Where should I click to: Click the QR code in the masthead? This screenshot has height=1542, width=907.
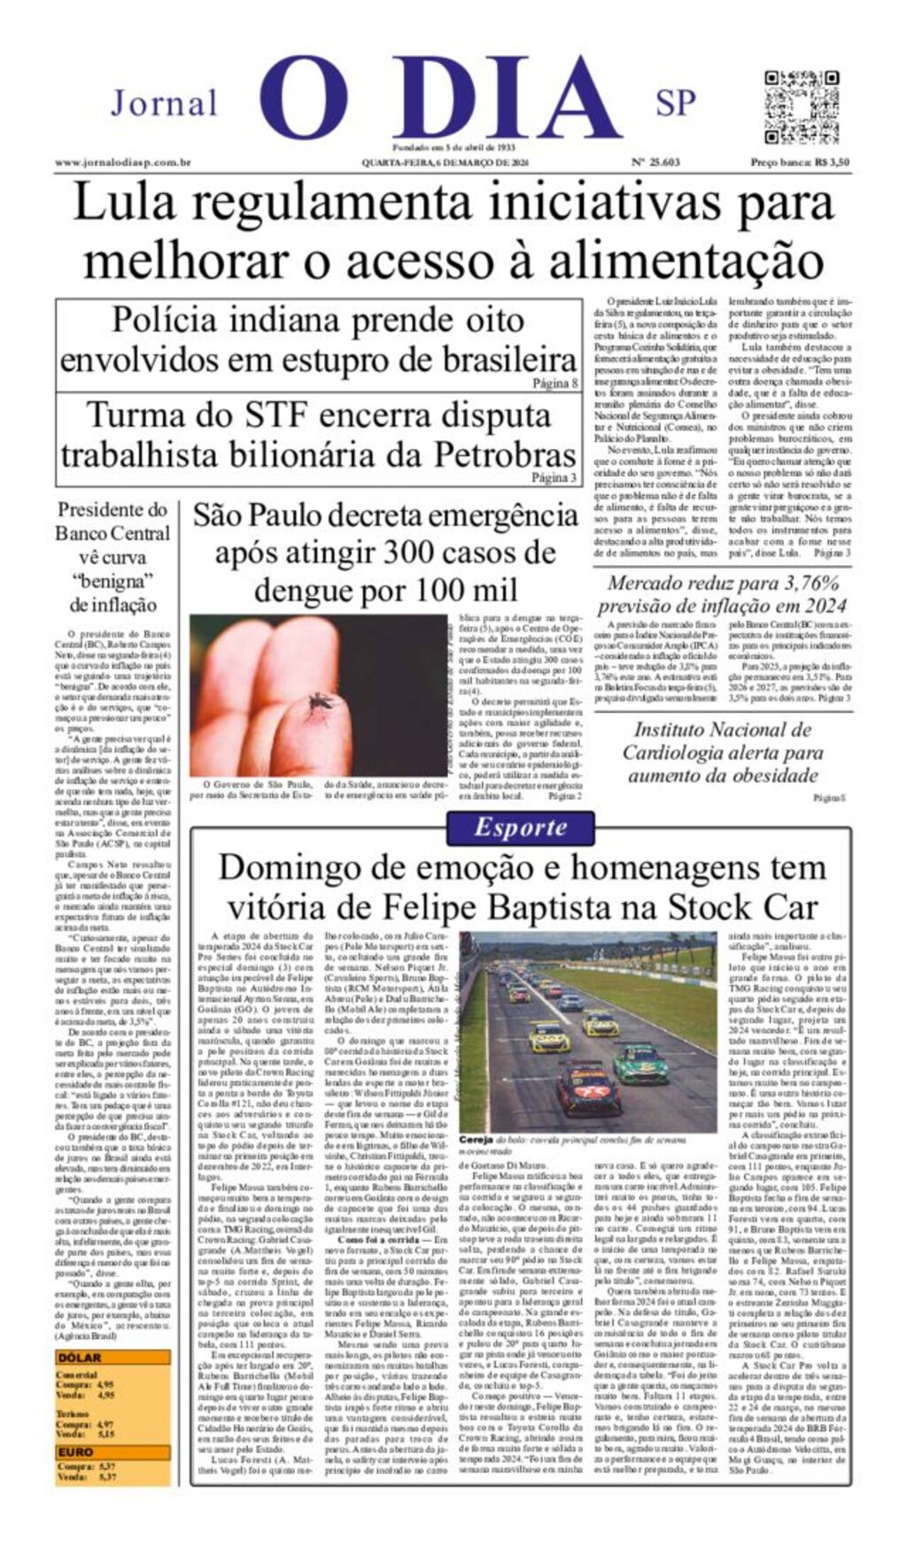click(801, 106)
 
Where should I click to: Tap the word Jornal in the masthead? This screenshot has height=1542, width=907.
click(164, 104)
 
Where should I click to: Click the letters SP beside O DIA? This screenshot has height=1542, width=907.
click(675, 104)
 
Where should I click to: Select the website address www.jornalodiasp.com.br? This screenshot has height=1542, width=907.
click(123, 163)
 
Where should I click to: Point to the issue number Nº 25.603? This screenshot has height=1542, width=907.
click(655, 163)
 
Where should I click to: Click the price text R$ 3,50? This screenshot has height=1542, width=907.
click(833, 163)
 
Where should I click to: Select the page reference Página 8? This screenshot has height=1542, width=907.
click(555, 384)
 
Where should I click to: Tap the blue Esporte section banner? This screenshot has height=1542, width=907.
click(519, 827)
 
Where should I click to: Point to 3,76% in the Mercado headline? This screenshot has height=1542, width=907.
click(795, 584)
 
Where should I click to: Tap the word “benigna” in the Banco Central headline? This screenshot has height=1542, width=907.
click(112, 581)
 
